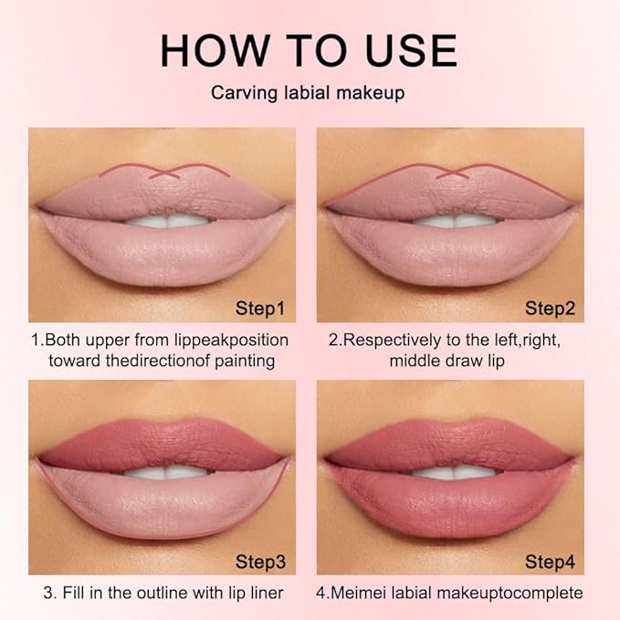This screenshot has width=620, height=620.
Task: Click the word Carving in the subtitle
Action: tap(241, 94)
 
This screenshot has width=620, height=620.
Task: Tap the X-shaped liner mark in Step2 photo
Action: tap(454, 171)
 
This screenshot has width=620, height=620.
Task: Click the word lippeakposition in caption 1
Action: tap(230, 340)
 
